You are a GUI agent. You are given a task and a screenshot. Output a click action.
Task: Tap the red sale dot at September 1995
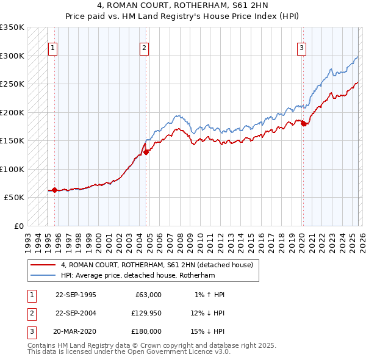pos(54,190)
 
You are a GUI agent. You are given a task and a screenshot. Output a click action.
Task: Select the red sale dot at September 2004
pos(146,153)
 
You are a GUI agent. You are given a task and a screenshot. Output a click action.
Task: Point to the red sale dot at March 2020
pos(303,124)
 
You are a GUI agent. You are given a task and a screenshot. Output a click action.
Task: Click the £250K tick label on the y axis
pos(12,84)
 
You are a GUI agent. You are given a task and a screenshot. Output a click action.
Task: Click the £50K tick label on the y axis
pos(14,198)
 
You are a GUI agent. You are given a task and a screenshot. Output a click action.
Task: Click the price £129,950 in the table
pos(146,313)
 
